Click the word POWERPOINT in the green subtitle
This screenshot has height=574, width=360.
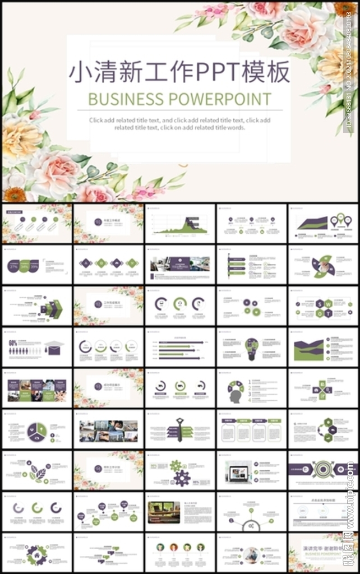pos(219,99)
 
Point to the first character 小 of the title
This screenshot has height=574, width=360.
pos(80,72)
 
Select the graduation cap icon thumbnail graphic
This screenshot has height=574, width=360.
pos(54,348)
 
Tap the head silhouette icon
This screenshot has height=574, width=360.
pos(234,396)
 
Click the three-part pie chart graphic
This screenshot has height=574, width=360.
pos(38,430)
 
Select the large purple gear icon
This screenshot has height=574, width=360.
pos(181,478)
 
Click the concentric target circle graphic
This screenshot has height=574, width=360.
pos(323,469)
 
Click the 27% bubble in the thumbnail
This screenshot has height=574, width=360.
pos(14,266)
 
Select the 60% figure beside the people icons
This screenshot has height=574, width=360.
pos(12,342)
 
